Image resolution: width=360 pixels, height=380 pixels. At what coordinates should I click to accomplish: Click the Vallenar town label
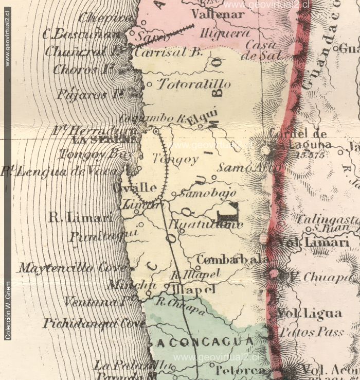217,14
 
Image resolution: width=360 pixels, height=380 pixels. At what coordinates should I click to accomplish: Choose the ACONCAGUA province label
205,342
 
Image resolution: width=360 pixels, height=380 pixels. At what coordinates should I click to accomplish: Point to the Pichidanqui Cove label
95,324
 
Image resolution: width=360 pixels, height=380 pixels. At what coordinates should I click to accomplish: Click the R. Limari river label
80,218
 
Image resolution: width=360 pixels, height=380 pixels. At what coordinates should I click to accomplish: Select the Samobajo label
207,194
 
